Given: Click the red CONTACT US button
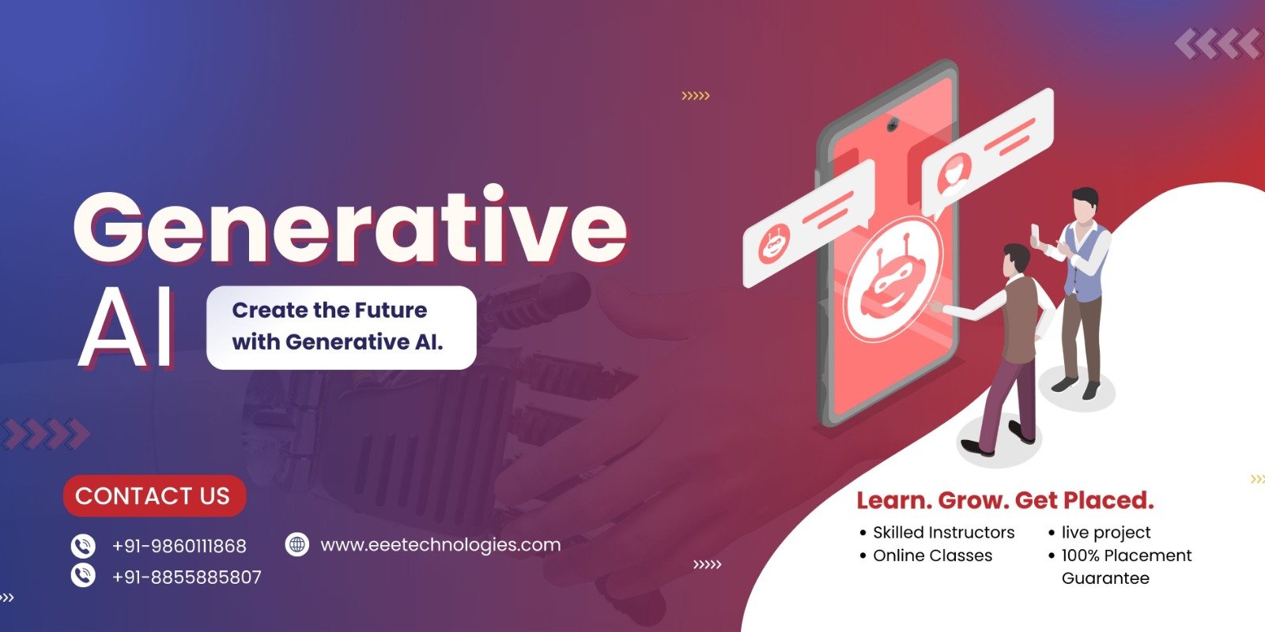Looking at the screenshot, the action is click(154, 496).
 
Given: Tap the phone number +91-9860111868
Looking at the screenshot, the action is click(179, 546).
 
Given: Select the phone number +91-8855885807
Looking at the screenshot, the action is click(187, 577).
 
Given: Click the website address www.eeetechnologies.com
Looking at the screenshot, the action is click(440, 545).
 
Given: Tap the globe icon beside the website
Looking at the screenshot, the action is click(297, 544).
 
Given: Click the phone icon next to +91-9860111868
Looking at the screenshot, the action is click(83, 546).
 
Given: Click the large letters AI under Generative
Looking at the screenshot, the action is click(126, 327).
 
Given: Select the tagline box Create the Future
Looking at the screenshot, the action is click(341, 327).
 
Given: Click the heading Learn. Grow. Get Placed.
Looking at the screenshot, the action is click(1005, 501).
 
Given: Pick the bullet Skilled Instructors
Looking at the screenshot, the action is click(938, 532).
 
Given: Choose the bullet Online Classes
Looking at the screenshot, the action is click(926, 555).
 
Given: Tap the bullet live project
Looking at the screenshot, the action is click(1100, 532).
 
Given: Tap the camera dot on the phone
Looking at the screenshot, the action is click(893, 123).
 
